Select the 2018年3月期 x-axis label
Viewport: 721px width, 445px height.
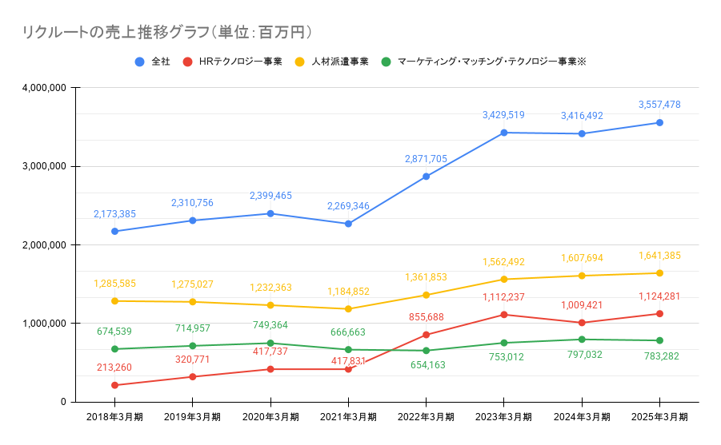click(x=114, y=417)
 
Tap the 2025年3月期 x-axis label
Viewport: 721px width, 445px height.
click(x=659, y=417)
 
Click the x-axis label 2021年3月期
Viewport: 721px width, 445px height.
click(x=348, y=417)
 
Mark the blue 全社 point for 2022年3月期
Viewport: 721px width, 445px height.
click(x=426, y=177)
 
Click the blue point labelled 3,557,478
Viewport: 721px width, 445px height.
click(x=659, y=122)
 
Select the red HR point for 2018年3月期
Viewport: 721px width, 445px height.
click(x=114, y=385)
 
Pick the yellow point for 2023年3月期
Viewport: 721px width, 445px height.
click(x=503, y=279)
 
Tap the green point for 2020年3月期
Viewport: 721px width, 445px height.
click(x=270, y=343)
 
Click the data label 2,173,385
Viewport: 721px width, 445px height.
click(x=114, y=214)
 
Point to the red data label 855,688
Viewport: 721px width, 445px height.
click(x=426, y=316)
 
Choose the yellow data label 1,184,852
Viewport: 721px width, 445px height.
click(x=348, y=292)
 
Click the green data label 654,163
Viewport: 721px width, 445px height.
click(x=426, y=365)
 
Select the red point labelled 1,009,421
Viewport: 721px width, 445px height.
click(x=582, y=323)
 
